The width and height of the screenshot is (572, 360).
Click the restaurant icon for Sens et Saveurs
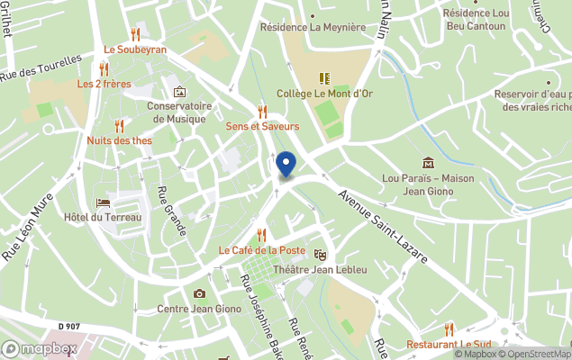coord(262,111)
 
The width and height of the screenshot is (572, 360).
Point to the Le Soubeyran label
coord(135,49)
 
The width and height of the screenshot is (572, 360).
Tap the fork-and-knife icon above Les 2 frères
coord(104,68)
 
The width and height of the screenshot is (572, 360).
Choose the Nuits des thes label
coord(120,140)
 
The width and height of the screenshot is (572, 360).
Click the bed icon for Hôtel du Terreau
coord(103,203)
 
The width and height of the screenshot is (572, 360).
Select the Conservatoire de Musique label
coord(179,112)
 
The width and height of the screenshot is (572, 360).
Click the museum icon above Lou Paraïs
coord(427,163)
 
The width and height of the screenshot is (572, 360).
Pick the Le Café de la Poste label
coord(261,249)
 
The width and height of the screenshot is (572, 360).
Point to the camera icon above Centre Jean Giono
coord(199,294)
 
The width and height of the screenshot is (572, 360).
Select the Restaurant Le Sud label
coord(449,344)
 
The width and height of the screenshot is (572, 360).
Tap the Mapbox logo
coord(40,348)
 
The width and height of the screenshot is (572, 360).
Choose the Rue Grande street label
coord(171,211)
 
